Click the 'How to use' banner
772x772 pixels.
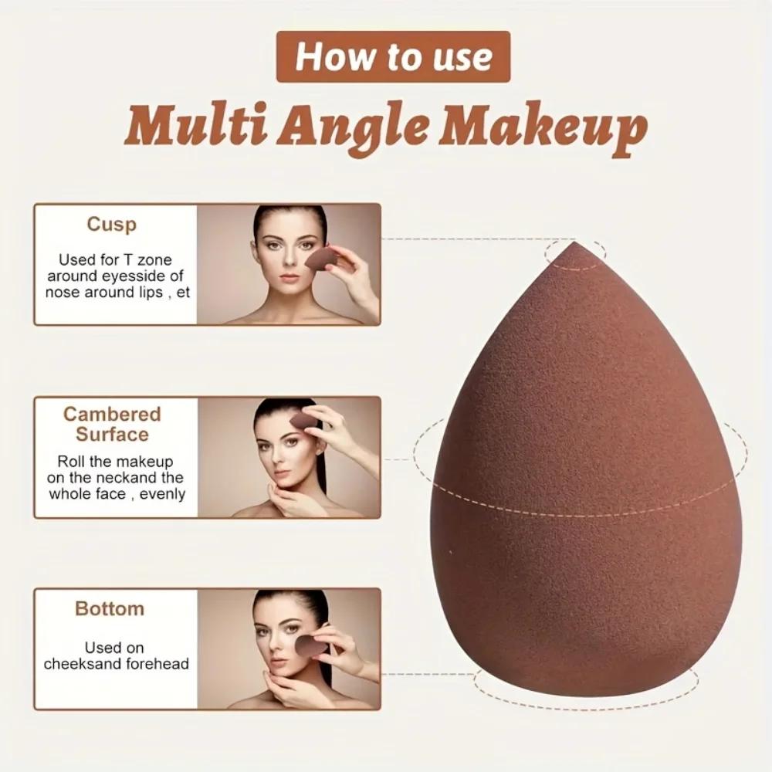click(x=394, y=56)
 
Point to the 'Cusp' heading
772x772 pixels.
click(x=111, y=225)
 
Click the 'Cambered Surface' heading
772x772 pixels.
click(x=112, y=424)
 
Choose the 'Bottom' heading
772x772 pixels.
click(x=110, y=608)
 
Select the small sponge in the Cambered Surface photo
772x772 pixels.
click(x=303, y=422)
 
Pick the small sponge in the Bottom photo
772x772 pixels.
click(x=309, y=645)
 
